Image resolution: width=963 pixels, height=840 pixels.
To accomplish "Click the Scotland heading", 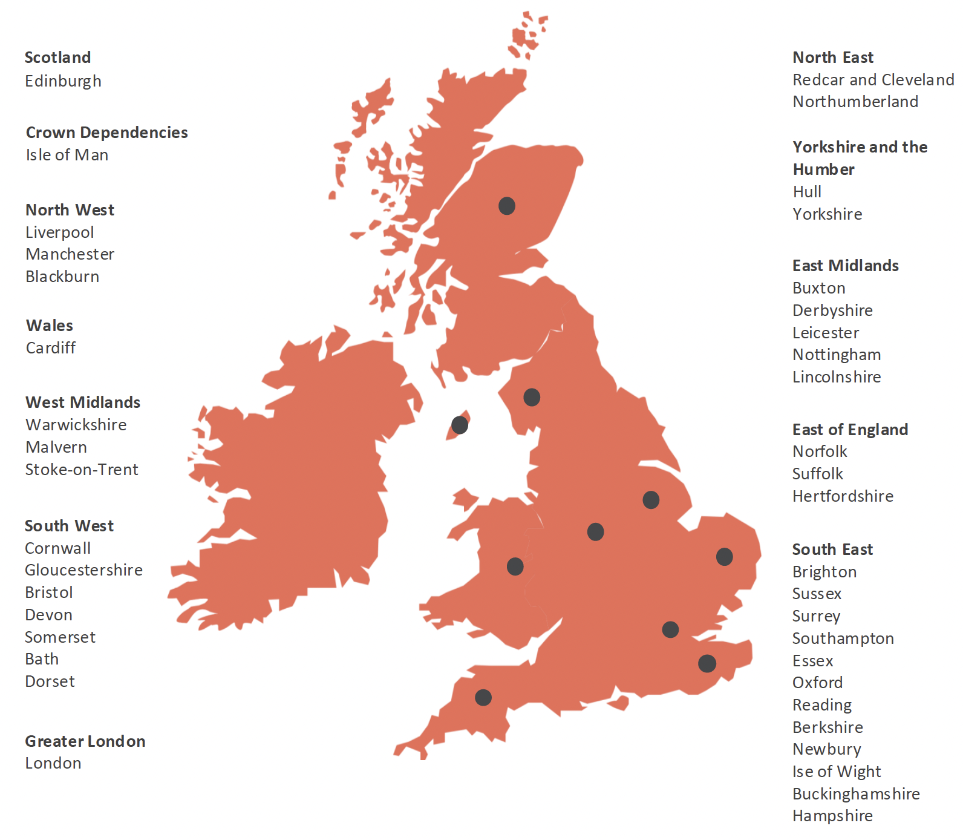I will (57, 57).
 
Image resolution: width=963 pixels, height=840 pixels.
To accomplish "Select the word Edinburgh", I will (63, 81).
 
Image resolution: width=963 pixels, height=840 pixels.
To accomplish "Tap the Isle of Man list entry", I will (67, 155).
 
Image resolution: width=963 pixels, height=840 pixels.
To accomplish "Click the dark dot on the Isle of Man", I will (460, 425).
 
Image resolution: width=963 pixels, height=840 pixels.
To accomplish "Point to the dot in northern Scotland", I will (507, 206).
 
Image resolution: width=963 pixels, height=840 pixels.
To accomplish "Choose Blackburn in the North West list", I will (62, 277).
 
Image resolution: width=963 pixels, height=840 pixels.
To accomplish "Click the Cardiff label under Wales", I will (51, 348).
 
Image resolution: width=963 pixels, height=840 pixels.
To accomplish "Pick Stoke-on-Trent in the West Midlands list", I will (82, 470).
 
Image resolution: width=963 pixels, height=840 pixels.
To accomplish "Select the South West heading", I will (69, 526).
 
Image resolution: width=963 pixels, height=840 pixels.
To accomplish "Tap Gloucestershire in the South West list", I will (83, 570).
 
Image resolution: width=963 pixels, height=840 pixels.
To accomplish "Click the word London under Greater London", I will (53, 763).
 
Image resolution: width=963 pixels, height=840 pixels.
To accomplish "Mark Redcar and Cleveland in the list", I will (873, 80).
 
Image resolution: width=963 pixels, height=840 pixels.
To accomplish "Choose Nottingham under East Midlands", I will (837, 355).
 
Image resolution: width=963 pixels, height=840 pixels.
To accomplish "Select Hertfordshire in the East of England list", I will (843, 496).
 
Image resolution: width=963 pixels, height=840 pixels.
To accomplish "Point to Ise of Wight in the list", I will (837, 772).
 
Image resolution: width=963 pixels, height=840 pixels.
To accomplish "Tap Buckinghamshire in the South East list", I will (856, 794).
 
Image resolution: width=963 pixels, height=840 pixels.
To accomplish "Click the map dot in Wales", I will (515, 566).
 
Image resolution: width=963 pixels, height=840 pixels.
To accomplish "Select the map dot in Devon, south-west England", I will (483, 698).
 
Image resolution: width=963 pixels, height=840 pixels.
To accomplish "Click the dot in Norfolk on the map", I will (725, 557).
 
